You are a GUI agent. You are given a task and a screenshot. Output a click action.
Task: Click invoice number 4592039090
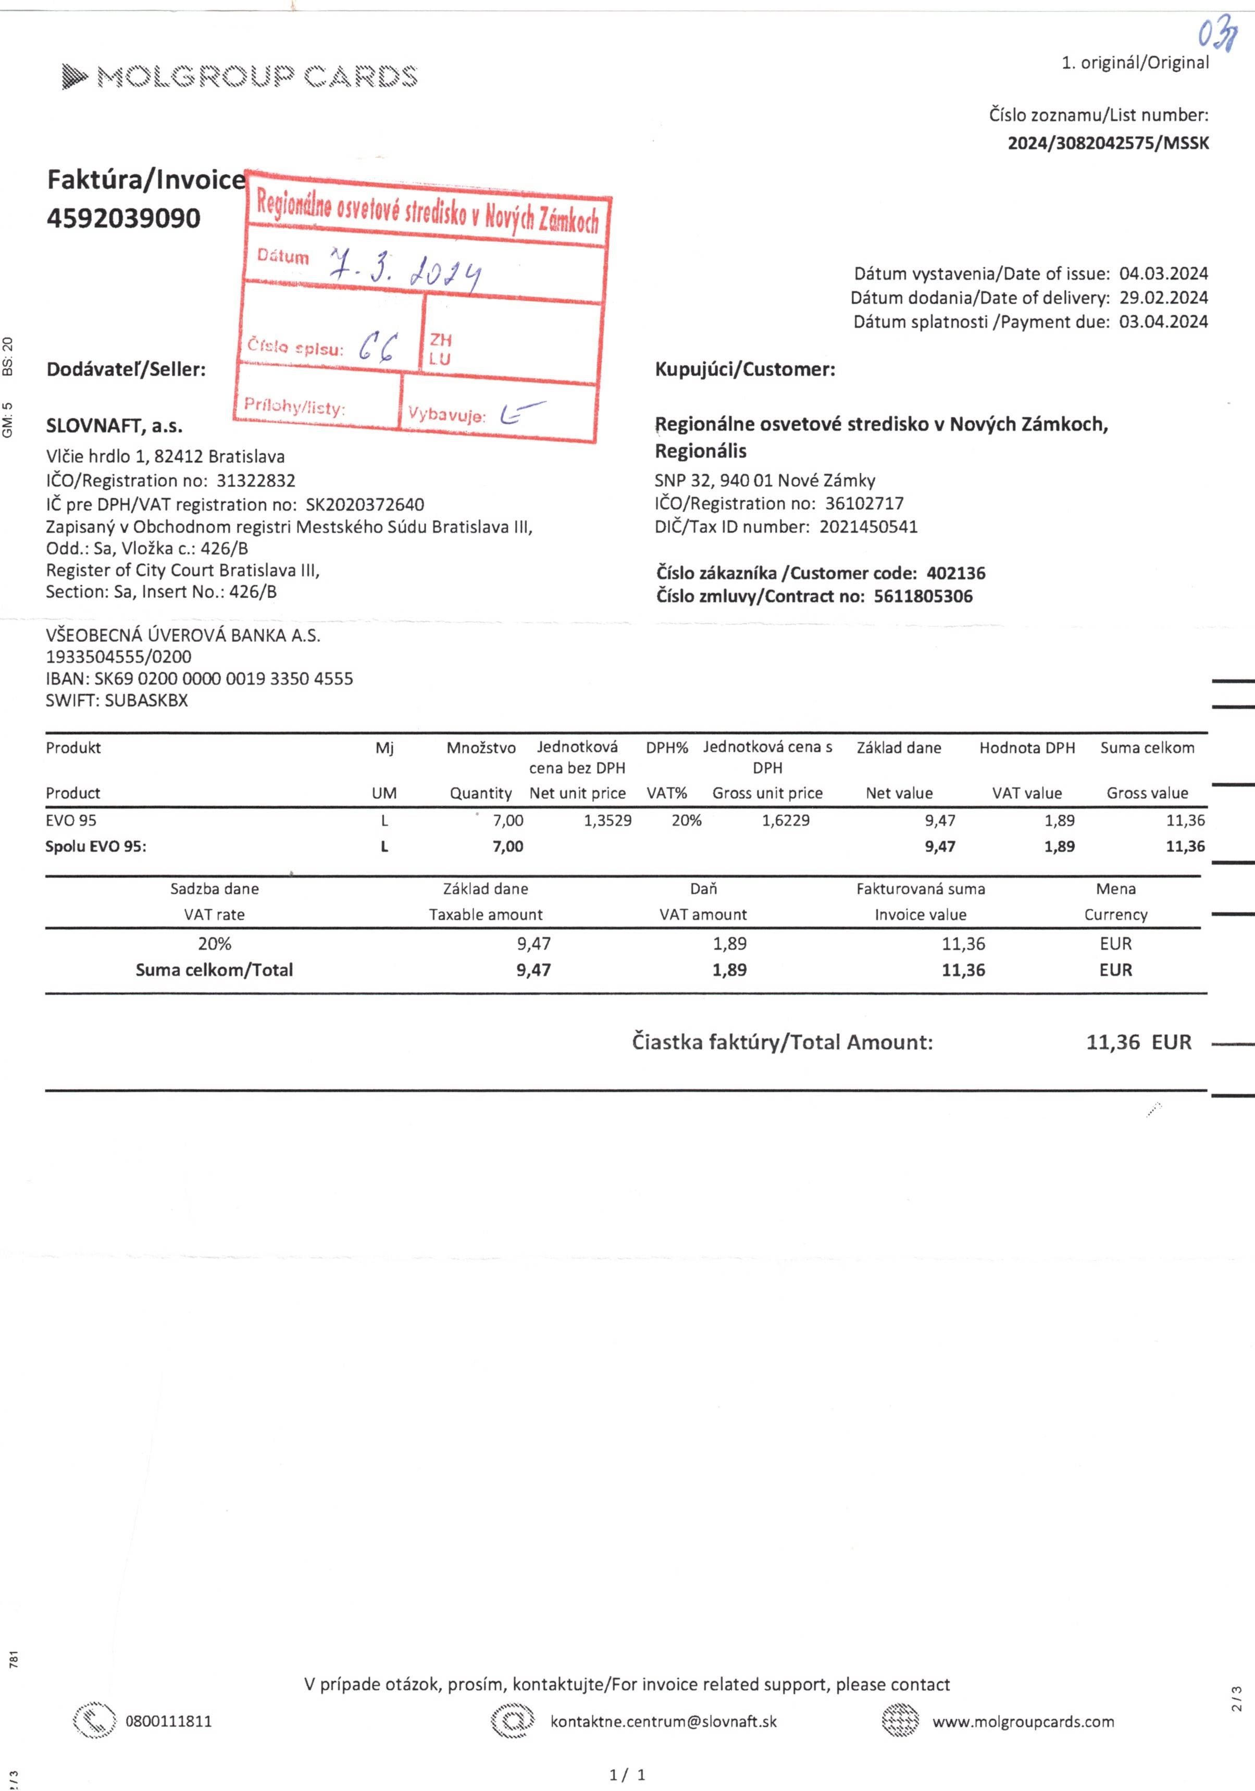click(123, 218)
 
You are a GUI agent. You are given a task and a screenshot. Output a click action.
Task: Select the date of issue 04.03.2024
click(1163, 274)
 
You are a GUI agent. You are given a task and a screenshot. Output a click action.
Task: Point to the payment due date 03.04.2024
click(1163, 322)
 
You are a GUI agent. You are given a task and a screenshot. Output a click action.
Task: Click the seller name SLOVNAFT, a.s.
click(114, 426)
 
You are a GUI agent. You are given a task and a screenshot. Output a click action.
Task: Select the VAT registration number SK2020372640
click(365, 505)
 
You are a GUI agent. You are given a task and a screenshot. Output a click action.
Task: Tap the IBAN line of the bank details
click(199, 678)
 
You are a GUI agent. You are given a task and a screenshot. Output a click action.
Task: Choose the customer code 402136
click(955, 573)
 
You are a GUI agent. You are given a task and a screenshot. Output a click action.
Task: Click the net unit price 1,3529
click(607, 821)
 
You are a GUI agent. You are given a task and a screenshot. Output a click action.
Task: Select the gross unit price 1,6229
click(786, 821)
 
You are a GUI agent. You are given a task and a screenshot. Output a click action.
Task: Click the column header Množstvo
click(480, 748)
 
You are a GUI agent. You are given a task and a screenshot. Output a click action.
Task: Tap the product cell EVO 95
click(71, 821)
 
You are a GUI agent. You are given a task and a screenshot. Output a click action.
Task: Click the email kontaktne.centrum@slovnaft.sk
click(663, 1722)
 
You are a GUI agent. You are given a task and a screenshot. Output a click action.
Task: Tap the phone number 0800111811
click(168, 1722)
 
